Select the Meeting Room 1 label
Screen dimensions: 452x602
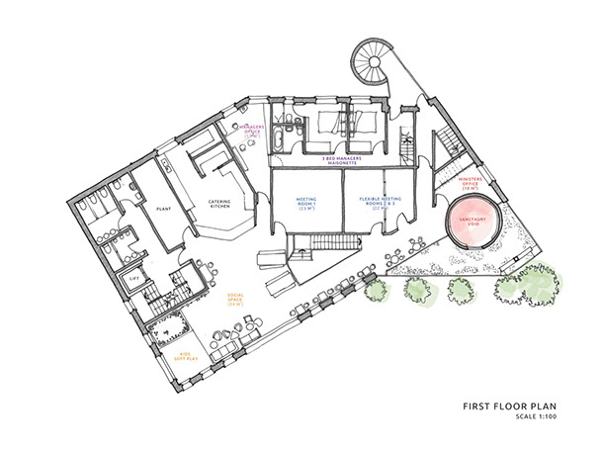pyautogui.click(x=306, y=205)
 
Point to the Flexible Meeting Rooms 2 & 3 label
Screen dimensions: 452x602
pyautogui.click(x=380, y=205)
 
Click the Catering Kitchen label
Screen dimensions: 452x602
pyautogui.click(x=219, y=205)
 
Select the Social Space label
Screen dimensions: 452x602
pyautogui.click(x=236, y=299)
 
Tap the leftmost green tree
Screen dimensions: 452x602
pyautogui.click(x=375, y=292)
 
